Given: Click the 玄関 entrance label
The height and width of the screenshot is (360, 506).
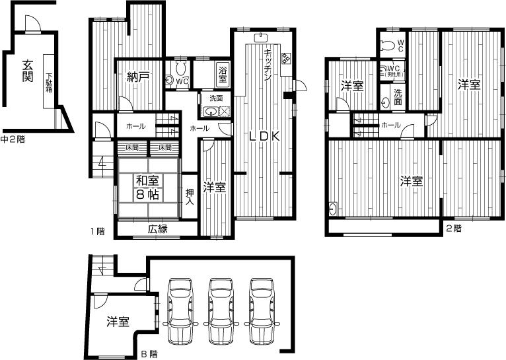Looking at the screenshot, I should tap(28, 71).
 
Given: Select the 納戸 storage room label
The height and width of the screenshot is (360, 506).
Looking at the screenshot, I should tap(137, 78).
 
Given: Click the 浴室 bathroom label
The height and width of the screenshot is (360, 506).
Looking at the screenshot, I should tap(223, 74).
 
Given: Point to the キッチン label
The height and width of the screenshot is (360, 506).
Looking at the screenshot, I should tap(268, 65).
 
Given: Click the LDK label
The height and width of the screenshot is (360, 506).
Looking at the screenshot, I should tap(265, 137).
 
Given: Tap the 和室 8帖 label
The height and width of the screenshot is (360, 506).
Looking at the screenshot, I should tap(147, 186).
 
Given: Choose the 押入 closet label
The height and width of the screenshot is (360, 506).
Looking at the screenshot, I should tap(190, 197).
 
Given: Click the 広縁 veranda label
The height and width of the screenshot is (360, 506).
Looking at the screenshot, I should tap(157, 229).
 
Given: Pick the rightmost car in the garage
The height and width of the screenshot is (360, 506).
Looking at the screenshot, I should tap(262, 310).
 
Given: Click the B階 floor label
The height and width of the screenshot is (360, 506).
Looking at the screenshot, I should tap(149, 354).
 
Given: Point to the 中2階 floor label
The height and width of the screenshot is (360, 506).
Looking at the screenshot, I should tap(13, 139).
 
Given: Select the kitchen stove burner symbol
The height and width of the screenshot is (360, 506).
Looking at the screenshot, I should tap(287, 58).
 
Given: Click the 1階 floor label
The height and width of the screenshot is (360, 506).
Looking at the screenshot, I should tap(97, 231).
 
